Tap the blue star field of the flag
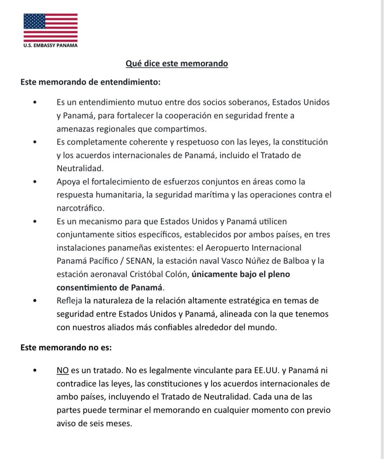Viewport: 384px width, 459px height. tap(34, 20)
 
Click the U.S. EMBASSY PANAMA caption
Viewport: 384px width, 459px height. tap(50, 45)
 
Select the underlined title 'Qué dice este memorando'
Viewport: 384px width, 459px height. tap(177, 64)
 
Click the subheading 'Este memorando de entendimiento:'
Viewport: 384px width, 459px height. tap(90, 81)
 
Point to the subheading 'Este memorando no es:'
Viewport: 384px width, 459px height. tap(66, 347)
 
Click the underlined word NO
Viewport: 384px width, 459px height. tap(63, 369)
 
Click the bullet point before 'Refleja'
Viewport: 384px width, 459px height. tap(34, 300)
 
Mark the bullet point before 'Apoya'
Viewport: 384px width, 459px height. tap(34, 181)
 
